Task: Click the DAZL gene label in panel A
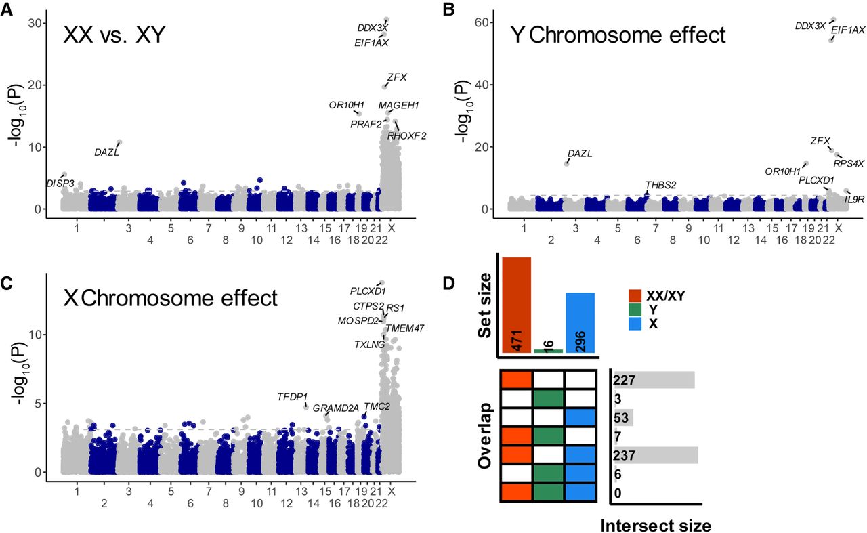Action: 107,153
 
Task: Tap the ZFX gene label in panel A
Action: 397,77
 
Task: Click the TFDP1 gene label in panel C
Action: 292,396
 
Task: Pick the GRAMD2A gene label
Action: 335,407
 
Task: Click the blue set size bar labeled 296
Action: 580,322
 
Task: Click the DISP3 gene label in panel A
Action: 60,183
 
